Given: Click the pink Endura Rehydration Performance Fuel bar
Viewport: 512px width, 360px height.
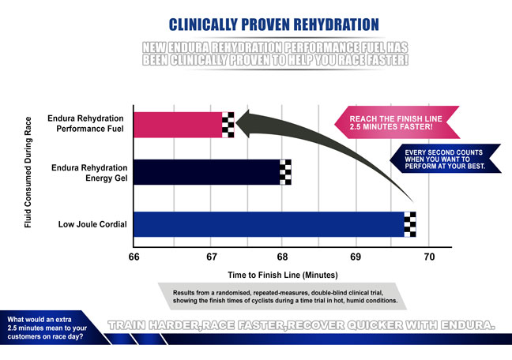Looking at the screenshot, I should point(178,125).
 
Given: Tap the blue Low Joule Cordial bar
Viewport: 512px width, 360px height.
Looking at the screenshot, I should point(269,224).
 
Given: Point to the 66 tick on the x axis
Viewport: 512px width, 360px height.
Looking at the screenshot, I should point(134,257).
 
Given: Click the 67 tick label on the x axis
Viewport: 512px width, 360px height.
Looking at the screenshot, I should point(210,257).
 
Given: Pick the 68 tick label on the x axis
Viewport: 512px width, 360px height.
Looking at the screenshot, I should point(283,257).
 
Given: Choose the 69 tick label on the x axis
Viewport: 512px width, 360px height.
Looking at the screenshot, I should point(356,257).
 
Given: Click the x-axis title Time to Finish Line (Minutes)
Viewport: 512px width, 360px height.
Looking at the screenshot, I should point(283,276).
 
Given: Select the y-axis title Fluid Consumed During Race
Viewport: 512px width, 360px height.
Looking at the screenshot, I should point(28,171).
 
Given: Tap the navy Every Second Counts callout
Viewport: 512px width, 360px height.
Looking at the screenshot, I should point(445,157).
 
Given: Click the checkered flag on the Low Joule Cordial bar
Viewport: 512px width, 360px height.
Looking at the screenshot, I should point(410,224).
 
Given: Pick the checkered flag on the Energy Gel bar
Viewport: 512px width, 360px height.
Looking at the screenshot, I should point(286,172).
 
